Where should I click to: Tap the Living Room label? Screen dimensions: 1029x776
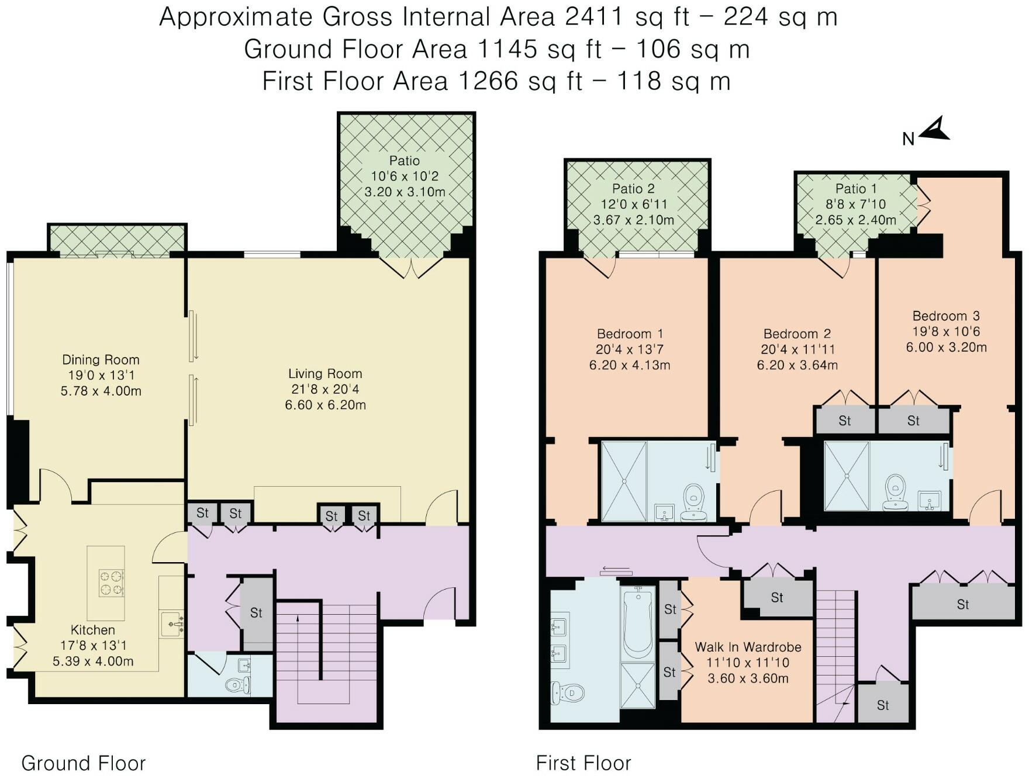(325, 373)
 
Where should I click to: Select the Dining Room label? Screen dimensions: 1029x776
(101, 359)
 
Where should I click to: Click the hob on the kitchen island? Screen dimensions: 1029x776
(111, 583)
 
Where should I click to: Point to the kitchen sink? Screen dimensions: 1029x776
(172, 625)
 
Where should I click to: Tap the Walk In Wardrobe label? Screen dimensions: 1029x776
(748, 647)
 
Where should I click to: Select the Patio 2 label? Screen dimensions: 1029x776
(633, 189)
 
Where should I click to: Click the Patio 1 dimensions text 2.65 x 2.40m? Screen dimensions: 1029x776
(856, 220)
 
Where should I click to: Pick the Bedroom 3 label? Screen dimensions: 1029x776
(946, 316)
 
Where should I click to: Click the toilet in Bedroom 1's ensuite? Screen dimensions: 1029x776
(694, 501)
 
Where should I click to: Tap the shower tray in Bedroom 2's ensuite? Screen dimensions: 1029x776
(847, 476)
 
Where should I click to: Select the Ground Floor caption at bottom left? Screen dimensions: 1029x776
(84, 763)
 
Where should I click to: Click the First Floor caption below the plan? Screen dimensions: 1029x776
(583, 763)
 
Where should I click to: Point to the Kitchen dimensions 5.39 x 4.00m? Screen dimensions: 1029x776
(93, 661)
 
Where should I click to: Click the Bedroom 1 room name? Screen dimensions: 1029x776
(630, 334)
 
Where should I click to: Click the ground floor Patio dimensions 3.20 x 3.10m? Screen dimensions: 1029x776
(405, 192)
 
